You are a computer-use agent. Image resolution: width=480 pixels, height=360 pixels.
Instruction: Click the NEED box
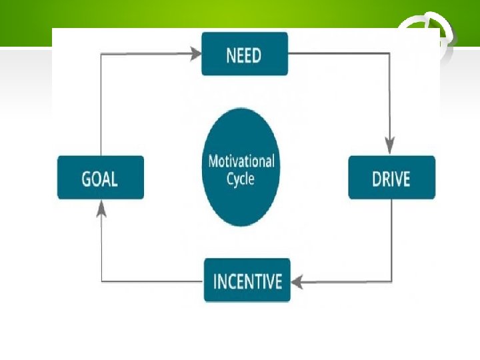[245, 54]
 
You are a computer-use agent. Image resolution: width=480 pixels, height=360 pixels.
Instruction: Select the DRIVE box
[391, 177]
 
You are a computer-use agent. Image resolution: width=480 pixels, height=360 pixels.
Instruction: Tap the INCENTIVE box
[247, 280]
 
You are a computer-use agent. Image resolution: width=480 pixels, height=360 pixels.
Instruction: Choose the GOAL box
[100, 177]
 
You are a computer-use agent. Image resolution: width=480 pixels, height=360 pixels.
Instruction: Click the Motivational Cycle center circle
[241, 167]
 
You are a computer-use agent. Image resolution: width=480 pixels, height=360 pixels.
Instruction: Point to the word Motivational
[241, 161]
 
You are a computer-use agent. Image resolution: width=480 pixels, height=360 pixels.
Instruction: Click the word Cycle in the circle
[241, 179]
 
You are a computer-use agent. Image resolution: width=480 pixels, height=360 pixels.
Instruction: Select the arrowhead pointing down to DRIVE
[390, 146]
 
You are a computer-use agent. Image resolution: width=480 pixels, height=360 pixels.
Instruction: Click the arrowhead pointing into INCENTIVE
[297, 281]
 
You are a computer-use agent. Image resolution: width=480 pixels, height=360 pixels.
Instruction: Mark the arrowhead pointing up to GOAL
[101, 209]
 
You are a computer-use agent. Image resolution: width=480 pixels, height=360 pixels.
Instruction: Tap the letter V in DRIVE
[401, 179]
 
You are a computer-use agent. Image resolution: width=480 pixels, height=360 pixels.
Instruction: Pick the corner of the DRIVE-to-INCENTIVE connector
[390, 281]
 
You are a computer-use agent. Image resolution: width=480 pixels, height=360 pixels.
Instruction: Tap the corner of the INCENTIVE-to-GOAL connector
[101, 281]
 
